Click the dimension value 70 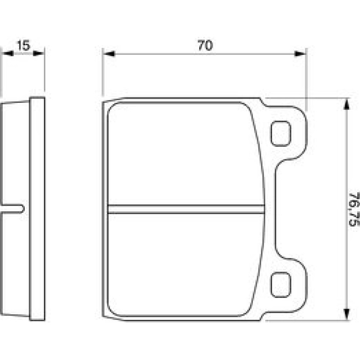point(205,45)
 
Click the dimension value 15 point(23,45)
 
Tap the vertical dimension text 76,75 point(354,209)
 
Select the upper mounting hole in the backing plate point(281,133)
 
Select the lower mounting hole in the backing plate point(281,285)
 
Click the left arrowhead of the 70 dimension point(109,54)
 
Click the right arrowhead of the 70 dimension point(300,54)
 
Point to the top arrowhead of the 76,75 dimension point(347,104)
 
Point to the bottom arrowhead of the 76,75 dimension point(347,314)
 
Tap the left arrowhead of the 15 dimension point(7,53)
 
